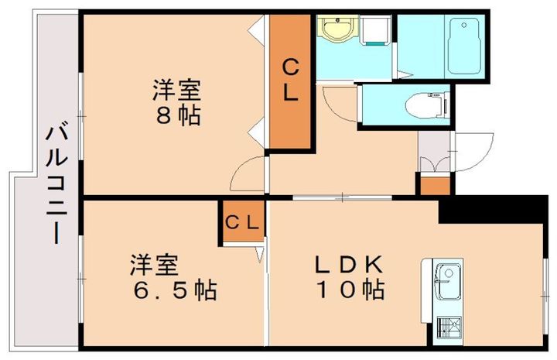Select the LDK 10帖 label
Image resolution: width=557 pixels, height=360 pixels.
click(349, 276)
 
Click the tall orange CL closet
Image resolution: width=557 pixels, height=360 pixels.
click(290, 81)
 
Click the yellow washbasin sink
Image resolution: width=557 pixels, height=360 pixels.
click(337, 32)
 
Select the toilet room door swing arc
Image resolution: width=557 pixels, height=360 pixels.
click(339, 102)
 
